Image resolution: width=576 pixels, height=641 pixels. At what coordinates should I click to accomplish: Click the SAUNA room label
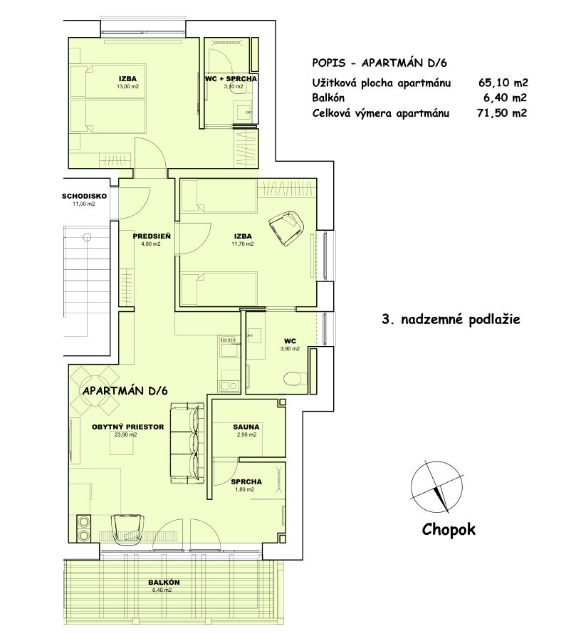click(246, 428)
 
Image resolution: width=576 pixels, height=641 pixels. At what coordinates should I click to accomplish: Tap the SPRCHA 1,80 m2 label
click(246, 482)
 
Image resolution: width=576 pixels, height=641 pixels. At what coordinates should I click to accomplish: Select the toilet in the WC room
click(294, 377)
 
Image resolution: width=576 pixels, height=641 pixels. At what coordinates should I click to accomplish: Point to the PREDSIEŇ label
click(150, 235)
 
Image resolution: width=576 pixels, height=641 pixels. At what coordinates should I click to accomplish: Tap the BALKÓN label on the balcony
click(164, 583)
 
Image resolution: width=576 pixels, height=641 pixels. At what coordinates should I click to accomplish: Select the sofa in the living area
click(187, 443)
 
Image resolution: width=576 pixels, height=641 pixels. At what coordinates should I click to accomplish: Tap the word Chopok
click(448, 529)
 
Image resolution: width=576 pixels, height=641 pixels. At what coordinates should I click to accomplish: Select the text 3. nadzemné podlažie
click(451, 320)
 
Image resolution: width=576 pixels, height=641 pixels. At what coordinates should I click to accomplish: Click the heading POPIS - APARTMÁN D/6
click(384, 63)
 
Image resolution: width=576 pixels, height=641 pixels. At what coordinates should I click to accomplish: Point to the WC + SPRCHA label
click(231, 78)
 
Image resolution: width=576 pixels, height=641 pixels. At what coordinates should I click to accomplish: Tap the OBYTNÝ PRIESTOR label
click(128, 427)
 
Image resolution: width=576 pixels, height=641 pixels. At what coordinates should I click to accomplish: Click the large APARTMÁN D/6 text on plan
click(125, 391)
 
